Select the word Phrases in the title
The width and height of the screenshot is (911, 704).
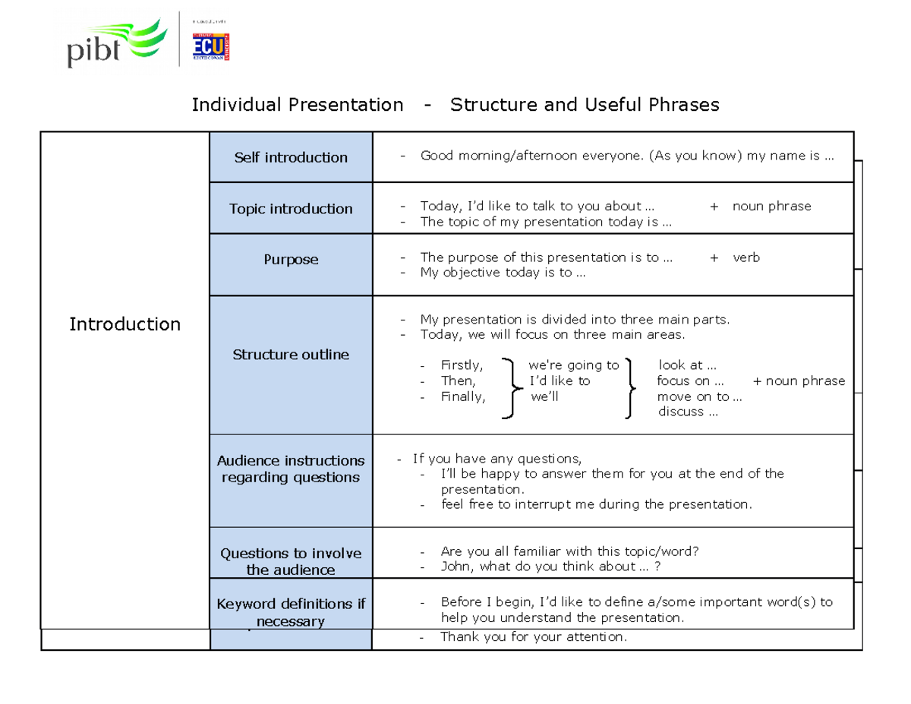pyautogui.click(x=682, y=105)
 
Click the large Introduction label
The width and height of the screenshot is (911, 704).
pyautogui.click(x=125, y=324)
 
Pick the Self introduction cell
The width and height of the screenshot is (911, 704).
pyautogui.click(x=291, y=157)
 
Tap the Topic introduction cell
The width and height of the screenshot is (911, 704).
pyautogui.click(x=291, y=208)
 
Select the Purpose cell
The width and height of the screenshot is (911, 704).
pyautogui.click(x=291, y=260)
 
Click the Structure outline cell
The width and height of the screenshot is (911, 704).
pyautogui.click(x=291, y=355)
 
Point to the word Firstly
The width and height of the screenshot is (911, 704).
pyautogui.click(x=462, y=365)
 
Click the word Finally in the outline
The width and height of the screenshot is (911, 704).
pyautogui.click(x=462, y=396)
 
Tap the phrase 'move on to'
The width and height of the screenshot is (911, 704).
pyautogui.click(x=694, y=396)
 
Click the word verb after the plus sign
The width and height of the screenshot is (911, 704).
pyautogui.click(x=746, y=257)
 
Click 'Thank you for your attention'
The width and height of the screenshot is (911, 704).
pyautogui.click(x=534, y=637)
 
